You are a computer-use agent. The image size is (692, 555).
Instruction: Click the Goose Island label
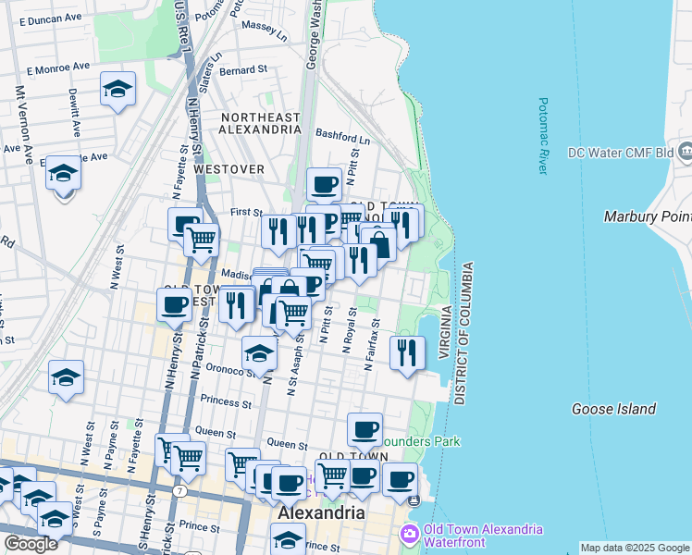tap(613, 409)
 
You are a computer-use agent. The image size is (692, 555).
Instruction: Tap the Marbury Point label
tap(647, 216)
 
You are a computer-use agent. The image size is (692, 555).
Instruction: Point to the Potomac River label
tap(543, 136)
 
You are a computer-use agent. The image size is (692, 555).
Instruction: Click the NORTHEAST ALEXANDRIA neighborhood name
tap(260, 123)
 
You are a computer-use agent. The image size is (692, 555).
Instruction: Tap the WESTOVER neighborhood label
tap(229, 169)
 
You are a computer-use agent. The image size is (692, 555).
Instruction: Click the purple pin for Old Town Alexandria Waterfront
tap(408, 535)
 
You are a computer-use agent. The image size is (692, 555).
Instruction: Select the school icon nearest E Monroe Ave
tap(117, 90)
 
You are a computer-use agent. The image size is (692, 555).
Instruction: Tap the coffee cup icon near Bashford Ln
tap(324, 184)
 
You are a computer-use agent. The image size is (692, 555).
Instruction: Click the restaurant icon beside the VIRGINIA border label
tap(407, 351)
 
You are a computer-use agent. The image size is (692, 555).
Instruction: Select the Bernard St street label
tap(243, 69)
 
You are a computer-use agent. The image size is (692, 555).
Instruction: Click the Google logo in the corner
tap(31, 544)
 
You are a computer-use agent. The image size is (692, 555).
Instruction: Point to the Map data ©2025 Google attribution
tap(635, 548)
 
